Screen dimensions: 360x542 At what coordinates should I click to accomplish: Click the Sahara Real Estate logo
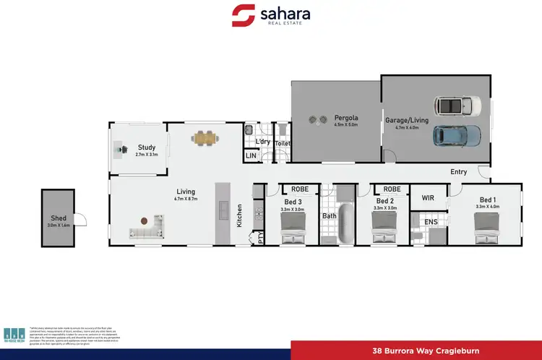[271, 16]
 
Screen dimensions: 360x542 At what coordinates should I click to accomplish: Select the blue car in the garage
[456, 134]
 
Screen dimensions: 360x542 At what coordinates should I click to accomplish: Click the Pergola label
[346, 117]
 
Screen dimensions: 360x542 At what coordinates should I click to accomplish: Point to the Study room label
[146, 147]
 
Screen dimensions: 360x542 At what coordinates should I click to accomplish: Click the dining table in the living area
[205, 136]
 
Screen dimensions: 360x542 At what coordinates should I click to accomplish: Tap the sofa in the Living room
[146, 232]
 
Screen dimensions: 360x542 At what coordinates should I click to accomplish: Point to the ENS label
[431, 222]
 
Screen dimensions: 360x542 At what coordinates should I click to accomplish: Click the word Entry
[458, 172]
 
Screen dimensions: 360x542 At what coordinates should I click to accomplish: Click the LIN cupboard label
[251, 155]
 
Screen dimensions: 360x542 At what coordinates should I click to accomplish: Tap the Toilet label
[283, 143]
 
